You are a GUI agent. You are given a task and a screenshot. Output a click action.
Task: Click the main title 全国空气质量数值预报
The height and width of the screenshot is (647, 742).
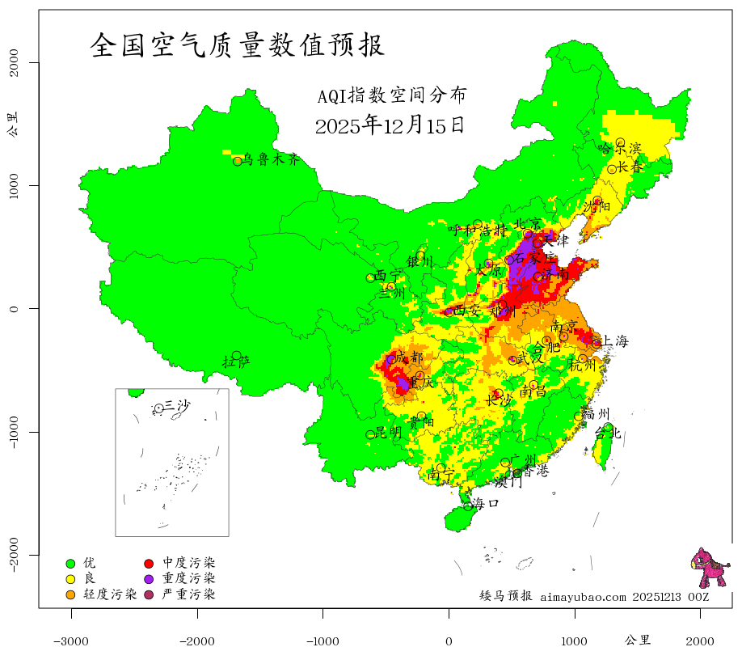coord(238,44)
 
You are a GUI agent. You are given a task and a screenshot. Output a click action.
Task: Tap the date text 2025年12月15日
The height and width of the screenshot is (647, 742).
coord(390,125)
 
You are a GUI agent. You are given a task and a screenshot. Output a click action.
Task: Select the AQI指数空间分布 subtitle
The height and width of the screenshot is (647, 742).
coord(392,96)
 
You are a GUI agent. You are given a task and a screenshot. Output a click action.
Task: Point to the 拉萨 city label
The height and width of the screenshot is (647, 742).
coord(236,361)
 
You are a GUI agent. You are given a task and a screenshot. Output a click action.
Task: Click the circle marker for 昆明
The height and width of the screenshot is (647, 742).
coord(371,435)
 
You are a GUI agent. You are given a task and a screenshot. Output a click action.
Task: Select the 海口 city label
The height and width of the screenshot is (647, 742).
coord(485,503)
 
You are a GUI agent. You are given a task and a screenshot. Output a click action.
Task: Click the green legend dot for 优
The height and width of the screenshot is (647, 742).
coord(70,563)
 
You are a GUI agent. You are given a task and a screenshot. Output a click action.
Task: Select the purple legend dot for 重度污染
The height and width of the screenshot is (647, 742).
coord(150,579)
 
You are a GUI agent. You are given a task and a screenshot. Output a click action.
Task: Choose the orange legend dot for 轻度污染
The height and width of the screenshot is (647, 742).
coord(70,595)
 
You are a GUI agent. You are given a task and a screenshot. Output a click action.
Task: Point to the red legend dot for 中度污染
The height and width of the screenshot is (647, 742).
coord(150,563)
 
